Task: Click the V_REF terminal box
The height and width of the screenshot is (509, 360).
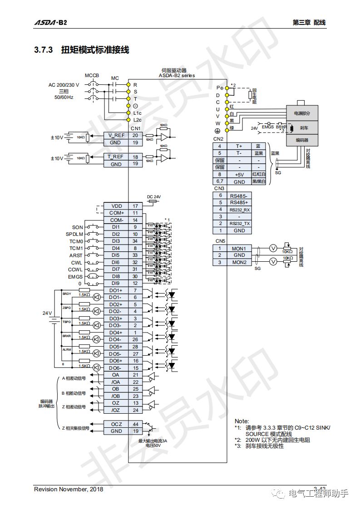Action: [x=115, y=135]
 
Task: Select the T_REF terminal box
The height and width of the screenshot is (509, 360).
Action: [x=115, y=157]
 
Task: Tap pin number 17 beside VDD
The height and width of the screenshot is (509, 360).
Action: [x=135, y=206]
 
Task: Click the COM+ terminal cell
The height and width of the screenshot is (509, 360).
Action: [x=116, y=213]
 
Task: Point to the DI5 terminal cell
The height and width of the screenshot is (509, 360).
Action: [x=116, y=255]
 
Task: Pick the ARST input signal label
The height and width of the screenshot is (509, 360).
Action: [x=76, y=255]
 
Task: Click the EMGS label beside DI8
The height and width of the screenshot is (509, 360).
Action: [x=75, y=276]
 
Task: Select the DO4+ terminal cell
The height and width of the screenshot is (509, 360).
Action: [x=115, y=333]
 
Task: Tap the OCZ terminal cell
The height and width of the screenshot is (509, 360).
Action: [x=116, y=424]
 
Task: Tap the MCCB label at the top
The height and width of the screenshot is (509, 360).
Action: [x=92, y=75]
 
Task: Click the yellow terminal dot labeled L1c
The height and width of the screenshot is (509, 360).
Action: [x=128, y=113]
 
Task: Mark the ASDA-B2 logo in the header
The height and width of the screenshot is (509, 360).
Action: [x=50, y=22]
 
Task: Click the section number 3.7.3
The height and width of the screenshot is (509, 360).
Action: [x=44, y=50]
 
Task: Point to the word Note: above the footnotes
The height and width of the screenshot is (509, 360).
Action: [x=242, y=421]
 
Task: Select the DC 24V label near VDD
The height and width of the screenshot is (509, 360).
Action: [x=154, y=196]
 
